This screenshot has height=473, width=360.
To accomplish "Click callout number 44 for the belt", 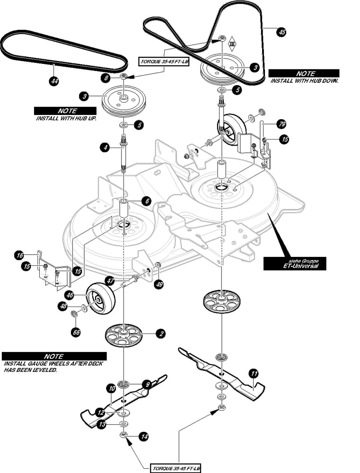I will (x=54, y=81).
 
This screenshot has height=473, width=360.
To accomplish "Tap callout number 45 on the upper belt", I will (x=281, y=32).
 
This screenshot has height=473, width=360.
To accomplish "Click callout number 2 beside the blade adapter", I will (x=161, y=334).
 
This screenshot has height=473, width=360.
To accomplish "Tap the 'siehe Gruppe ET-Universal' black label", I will (x=295, y=263).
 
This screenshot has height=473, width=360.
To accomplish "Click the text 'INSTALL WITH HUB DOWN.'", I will (x=304, y=81).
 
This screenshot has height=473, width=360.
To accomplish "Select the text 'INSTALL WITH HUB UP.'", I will (x=66, y=118).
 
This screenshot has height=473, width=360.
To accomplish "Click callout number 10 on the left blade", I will (x=112, y=388).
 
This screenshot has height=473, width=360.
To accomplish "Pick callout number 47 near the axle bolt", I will (x=110, y=280).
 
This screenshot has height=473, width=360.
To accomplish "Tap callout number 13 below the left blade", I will (x=102, y=425).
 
